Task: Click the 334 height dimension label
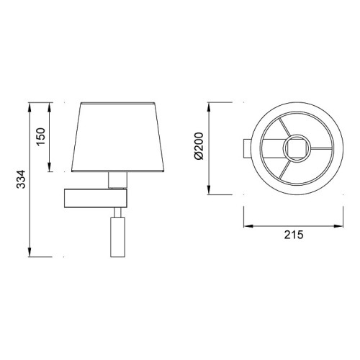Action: coord(21,179)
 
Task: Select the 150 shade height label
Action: coord(41,137)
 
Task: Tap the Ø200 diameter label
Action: coord(199,146)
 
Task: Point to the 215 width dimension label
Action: coord(294,235)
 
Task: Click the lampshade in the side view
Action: coord(117,137)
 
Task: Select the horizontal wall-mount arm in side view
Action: coord(96,198)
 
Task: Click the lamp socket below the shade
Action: coord(117,180)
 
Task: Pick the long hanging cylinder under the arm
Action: coord(117,237)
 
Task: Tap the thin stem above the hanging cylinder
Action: coord(117,212)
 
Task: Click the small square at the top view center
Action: coord(297,148)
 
